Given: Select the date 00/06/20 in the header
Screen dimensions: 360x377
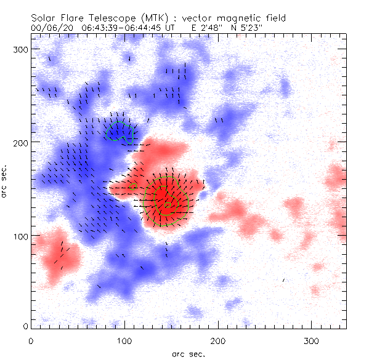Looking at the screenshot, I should [x=49, y=28].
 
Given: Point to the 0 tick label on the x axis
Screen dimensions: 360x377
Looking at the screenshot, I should [x=31, y=340].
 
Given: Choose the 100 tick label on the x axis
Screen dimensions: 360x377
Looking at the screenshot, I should [x=124, y=340].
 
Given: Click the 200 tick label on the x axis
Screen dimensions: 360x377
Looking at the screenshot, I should [x=218, y=340].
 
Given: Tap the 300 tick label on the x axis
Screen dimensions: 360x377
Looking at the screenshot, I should [x=312, y=340].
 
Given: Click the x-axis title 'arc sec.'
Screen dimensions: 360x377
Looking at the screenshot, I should [x=188, y=354].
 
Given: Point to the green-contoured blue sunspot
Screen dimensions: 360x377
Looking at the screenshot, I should [x=120, y=132].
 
